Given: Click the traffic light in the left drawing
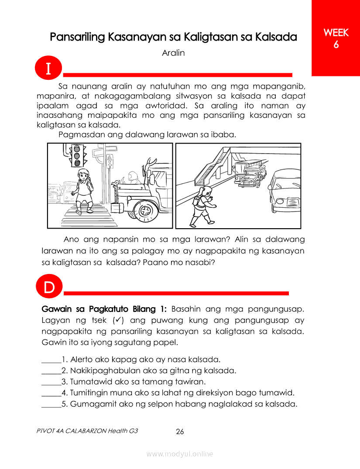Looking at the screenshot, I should [77, 155].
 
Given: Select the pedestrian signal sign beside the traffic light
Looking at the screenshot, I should [110, 161].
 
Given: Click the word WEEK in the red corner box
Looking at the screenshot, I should [336, 33].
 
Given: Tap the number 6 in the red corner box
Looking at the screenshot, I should [336, 45].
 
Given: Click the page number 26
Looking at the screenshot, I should [180, 432].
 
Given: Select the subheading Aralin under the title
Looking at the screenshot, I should [173, 53].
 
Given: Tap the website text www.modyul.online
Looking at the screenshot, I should [180, 454].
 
